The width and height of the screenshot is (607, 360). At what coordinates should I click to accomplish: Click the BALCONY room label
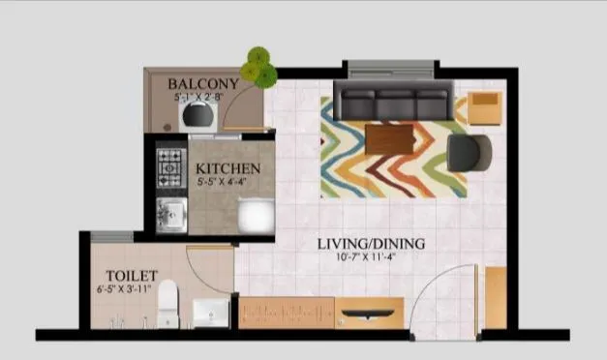[202, 84]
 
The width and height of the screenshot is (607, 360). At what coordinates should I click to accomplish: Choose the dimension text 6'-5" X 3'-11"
[126, 287]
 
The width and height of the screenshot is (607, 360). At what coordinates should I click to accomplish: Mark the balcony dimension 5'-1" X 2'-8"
[202, 98]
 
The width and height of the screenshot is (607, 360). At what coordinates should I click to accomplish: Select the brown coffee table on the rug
[390, 139]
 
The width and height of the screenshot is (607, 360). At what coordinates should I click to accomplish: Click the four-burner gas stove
[170, 167]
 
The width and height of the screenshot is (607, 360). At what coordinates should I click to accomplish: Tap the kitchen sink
[171, 215]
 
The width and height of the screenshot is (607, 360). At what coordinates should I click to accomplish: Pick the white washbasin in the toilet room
[210, 313]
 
